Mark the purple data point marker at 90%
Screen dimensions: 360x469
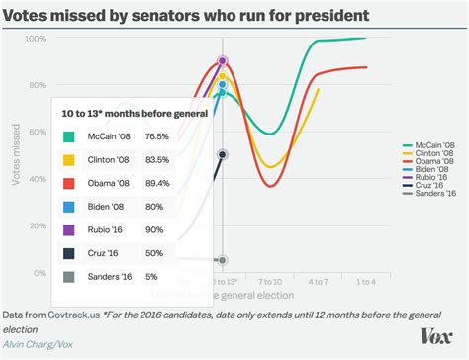222,61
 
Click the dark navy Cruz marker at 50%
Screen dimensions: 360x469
222,155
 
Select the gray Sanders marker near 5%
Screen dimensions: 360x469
222,261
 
